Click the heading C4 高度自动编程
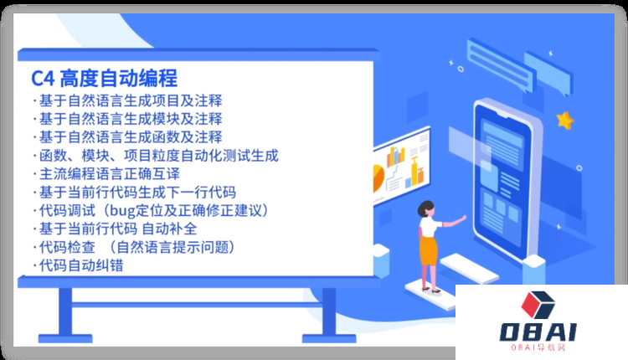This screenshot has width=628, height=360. click(105, 80)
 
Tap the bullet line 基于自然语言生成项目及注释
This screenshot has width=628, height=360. click(130, 101)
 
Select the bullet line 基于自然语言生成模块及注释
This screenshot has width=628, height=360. click(130, 119)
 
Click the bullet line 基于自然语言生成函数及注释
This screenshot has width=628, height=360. click(130, 137)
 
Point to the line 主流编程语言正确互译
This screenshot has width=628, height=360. click(109, 174)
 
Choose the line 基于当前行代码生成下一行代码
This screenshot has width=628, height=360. click(138, 193)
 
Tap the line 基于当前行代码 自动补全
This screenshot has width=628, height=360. click(130, 229)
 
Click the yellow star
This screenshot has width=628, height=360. click(566, 121)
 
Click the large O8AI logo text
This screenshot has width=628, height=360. click(540, 332)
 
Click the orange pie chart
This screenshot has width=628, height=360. click(376, 177)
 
